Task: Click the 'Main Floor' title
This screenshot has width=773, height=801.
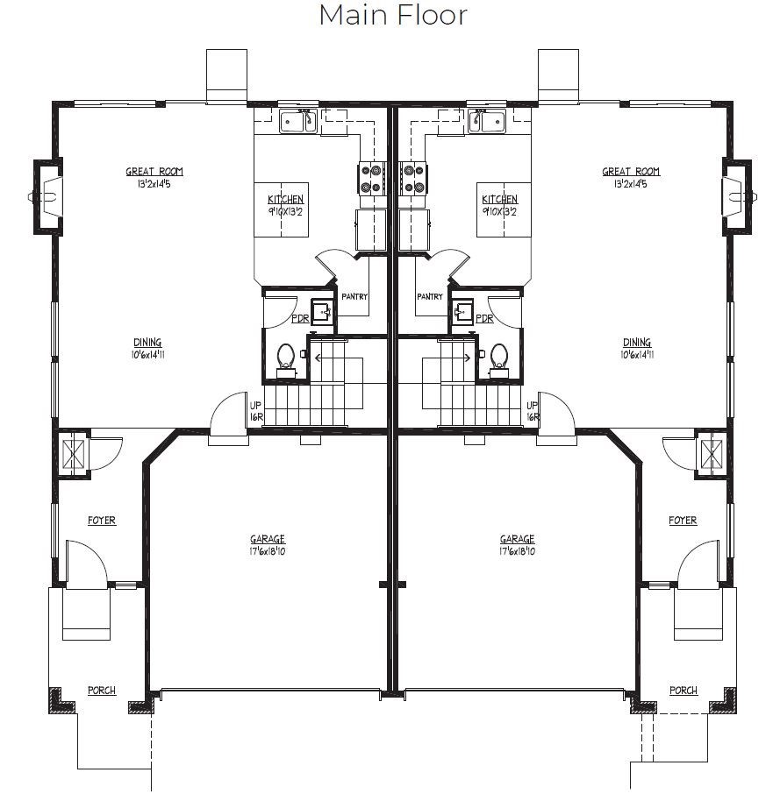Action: (393, 14)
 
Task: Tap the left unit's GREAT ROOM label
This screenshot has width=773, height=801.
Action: (154, 172)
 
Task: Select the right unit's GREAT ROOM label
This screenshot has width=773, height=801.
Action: (631, 172)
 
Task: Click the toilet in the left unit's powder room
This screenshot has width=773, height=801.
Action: (286, 359)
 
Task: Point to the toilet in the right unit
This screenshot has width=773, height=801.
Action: (498, 359)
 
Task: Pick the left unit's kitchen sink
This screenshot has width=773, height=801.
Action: (298, 121)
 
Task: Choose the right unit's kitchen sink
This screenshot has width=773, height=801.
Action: (486, 121)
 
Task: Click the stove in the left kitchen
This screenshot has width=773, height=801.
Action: (373, 178)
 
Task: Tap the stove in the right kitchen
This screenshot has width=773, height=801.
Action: (413, 178)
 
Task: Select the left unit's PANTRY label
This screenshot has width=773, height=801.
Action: (354, 296)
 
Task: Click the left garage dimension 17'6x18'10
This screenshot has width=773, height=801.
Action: (268, 551)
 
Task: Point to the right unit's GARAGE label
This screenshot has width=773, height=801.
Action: (517, 539)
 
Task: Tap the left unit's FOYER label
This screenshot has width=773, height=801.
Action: (102, 520)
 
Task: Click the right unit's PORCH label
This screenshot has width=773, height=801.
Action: (684, 691)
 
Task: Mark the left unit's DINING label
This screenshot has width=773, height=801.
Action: (148, 343)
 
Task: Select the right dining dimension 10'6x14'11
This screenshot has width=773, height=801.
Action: (637, 355)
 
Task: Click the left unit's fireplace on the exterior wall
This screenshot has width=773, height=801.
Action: (47, 196)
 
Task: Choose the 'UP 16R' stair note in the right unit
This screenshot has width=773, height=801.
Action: (533, 411)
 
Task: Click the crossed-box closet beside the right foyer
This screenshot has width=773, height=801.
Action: (712, 454)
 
